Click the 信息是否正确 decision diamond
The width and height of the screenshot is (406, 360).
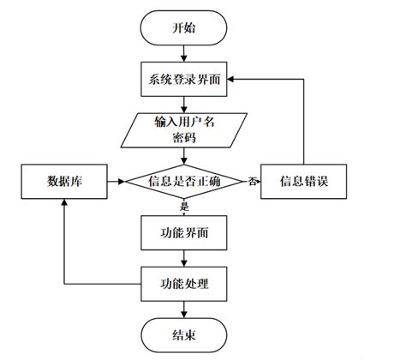click(x=183, y=181)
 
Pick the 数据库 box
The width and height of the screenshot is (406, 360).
click(x=63, y=181)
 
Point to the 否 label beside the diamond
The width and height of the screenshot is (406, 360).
click(x=252, y=182)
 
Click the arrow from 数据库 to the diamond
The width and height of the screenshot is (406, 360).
click(x=116, y=181)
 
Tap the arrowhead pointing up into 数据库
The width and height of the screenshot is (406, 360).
click(x=63, y=203)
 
